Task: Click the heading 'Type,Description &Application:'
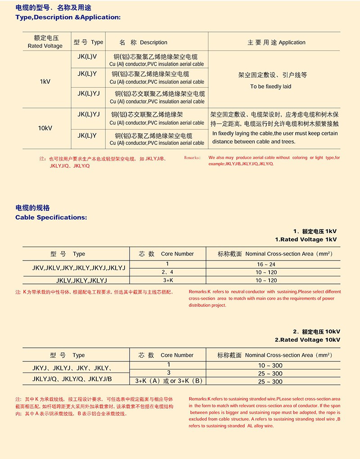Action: coord(68,18)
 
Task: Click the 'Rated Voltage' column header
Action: coord(45,46)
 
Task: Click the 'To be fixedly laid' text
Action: coord(271,86)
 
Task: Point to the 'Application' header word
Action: coord(292,43)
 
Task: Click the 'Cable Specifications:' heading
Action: coord(51,217)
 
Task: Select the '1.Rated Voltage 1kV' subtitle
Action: coord(306,239)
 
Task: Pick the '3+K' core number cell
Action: coord(167,280)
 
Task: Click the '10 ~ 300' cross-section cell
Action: coord(270,365)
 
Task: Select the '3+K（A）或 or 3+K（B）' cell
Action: coord(167,381)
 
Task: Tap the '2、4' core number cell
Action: coord(167,272)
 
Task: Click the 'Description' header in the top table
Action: coord(153,43)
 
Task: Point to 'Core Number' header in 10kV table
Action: coord(177,355)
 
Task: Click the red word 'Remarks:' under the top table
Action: coord(193,158)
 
